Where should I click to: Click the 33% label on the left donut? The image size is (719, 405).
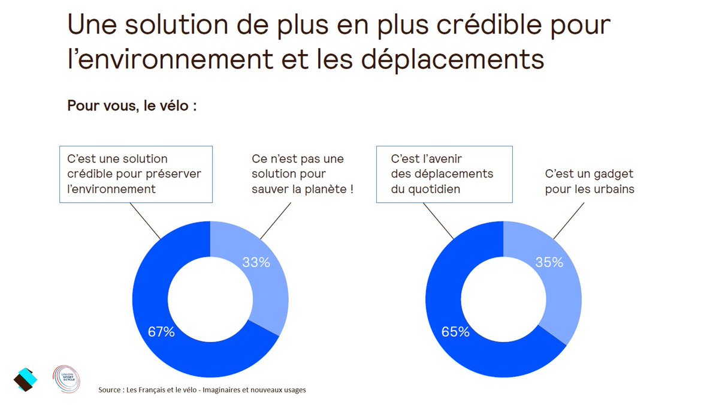pos(256,262)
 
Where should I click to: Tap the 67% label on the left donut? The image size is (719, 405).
pos(161,332)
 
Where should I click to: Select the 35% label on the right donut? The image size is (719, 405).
pos(549,262)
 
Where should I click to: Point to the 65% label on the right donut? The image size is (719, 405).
pos(455,332)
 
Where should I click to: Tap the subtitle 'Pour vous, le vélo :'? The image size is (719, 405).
pos(132,106)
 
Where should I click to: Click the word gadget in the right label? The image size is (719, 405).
pos(614,174)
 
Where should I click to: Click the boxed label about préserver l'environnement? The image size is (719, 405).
pos(135,174)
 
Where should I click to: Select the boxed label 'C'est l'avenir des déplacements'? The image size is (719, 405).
pos(444,174)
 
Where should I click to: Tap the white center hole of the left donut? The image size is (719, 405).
pos(210,299)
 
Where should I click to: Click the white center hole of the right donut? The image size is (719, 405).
pos(503,299)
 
